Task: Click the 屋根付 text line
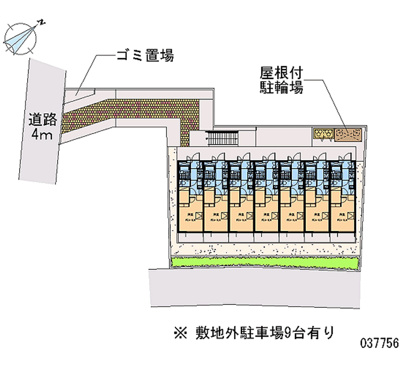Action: point(281,74)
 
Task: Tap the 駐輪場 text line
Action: point(281,89)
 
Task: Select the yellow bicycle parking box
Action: point(323,133)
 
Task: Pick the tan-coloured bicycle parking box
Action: point(348,133)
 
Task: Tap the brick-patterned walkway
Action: point(146,111)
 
